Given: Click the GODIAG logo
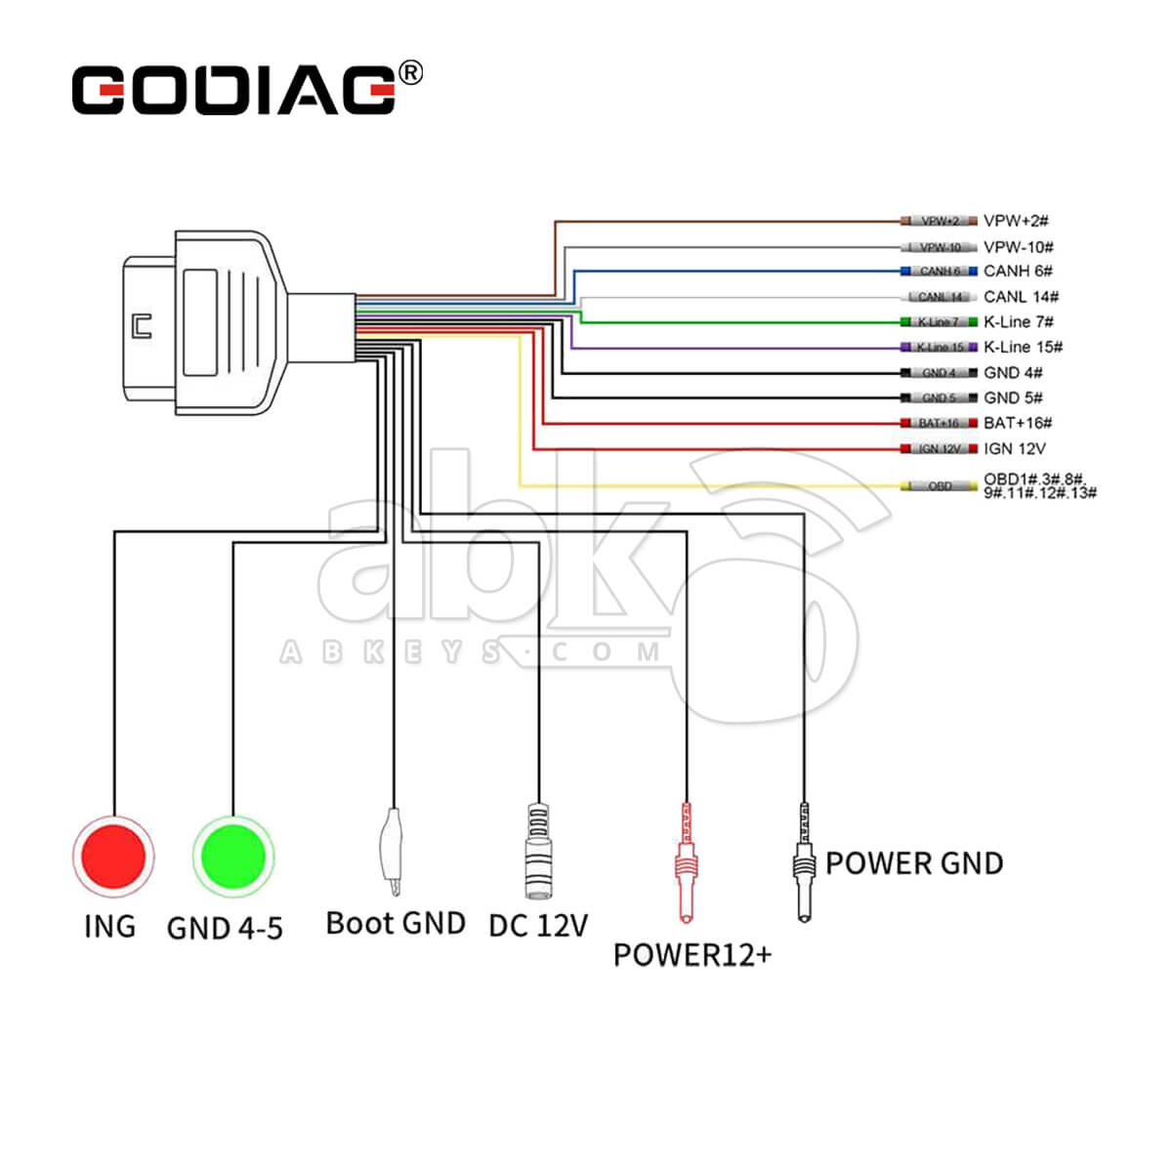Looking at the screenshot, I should (234, 90).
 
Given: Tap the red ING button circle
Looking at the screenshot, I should (113, 857).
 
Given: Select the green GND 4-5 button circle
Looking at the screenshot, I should (233, 857).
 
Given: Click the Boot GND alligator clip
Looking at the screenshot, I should (392, 850).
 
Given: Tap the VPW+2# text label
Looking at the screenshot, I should (1016, 222).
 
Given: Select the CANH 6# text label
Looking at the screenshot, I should (1018, 272).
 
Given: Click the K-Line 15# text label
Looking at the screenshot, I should (1023, 347).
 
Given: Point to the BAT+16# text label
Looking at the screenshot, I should (1018, 423).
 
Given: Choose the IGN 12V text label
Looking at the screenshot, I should (1014, 449).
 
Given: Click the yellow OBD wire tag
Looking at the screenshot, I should (940, 486).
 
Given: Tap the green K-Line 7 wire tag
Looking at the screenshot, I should (939, 322).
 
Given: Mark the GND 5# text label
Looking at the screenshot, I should (1013, 398).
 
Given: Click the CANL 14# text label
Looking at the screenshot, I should (1021, 297).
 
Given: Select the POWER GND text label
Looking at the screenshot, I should (914, 863).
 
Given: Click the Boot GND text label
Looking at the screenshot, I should (396, 924).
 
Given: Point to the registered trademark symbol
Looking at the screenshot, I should (412, 72).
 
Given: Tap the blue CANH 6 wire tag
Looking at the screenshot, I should (939, 272).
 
